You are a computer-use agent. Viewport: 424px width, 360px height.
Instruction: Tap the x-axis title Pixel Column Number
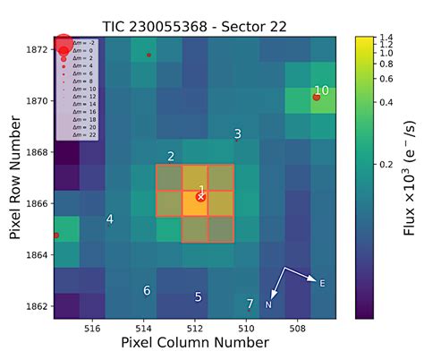pos(195,344)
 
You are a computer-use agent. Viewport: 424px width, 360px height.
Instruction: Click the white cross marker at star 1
pos(201,196)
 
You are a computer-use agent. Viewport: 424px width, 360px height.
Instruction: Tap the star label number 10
pos(321,90)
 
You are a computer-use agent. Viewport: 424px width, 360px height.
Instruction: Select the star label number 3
pos(237,134)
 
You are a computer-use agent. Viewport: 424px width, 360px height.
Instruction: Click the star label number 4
pos(110,219)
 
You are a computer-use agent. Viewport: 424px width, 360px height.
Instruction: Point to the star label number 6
pos(147,290)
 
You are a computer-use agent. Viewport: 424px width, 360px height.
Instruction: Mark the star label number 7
pos(250,304)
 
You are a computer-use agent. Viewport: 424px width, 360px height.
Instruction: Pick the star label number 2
pos(171,157)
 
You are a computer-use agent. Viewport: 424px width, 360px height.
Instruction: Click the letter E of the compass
pos(322,284)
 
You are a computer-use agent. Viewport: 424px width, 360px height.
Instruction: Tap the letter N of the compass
pos(268,305)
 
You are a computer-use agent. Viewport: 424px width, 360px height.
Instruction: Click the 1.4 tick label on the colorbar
pos(386,39)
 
